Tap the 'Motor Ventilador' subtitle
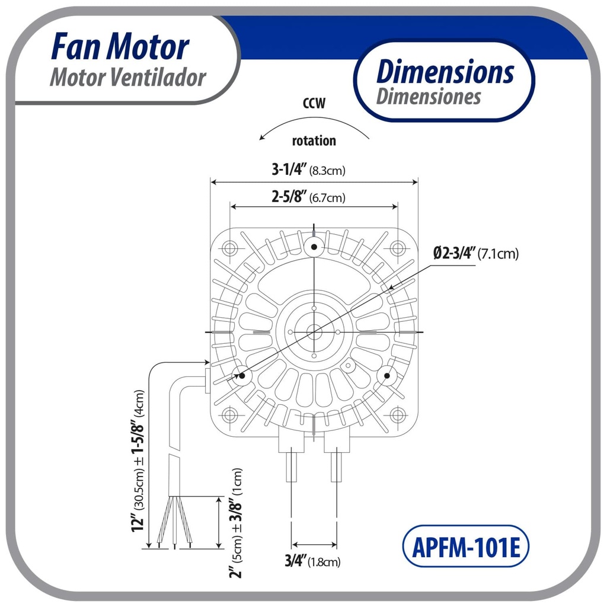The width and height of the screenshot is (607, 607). pyautogui.click(x=127, y=78)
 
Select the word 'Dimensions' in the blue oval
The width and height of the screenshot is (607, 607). pyautogui.click(x=445, y=72)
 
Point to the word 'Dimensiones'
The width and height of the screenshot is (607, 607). pyautogui.click(x=428, y=96)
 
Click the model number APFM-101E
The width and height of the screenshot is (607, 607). pyautogui.click(x=465, y=547)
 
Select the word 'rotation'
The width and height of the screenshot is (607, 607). pyautogui.click(x=314, y=141)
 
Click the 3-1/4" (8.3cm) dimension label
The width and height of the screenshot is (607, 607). pyautogui.click(x=308, y=170)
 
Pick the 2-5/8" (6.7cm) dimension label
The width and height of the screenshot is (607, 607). pyautogui.click(x=308, y=197)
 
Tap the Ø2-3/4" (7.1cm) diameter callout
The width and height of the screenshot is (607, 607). pyautogui.click(x=475, y=254)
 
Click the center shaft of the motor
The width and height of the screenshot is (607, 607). pyautogui.click(x=314, y=332)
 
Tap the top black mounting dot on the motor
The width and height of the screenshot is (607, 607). pyautogui.click(x=314, y=246)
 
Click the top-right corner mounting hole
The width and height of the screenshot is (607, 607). pyautogui.click(x=397, y=248)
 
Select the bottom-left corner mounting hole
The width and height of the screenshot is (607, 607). pyautogui.click(x=231, y=414)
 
